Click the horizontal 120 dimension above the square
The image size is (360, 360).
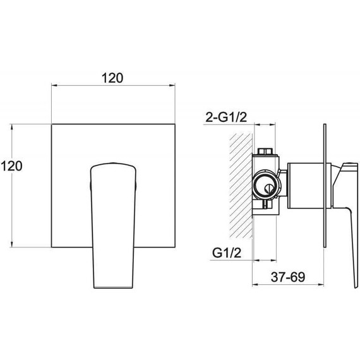coord(112,78)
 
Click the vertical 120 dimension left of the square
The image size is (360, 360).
coord(11,165)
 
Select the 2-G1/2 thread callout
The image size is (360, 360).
coord(226,117)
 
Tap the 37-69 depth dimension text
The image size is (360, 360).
coord(288,277)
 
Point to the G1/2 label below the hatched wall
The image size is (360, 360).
coord(227,253)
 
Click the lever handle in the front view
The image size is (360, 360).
coord(113,225)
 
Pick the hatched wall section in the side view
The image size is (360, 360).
coord(241,186)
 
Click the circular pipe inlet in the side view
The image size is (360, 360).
coord(267,184)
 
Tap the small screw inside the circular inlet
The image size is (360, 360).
coord(269,189)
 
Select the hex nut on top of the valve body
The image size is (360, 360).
coord(265,152)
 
